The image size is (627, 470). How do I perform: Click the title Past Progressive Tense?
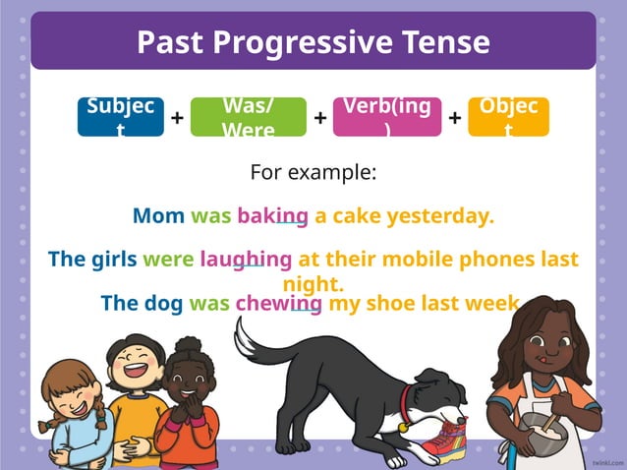(313, 42)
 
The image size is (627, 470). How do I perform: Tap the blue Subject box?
(120, 116)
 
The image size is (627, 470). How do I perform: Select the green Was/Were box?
(249, 116)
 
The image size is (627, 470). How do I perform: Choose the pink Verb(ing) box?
(387, 116)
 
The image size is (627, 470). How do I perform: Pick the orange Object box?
(508, 116)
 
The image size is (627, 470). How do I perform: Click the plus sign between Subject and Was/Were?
(177, 118)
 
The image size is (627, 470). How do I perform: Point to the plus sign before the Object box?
(455, 118)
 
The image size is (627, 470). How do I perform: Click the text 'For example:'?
(313, 173)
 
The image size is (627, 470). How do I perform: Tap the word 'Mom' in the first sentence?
(158, 215)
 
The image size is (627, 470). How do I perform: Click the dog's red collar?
(406, 398)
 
